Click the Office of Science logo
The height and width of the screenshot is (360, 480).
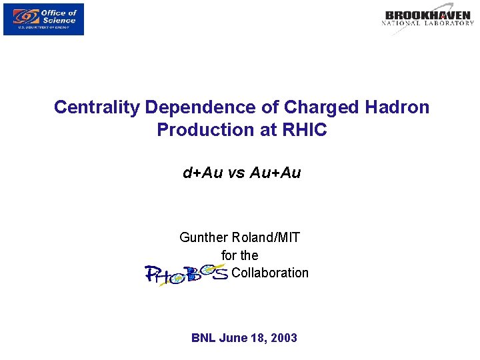(x=43, y=19)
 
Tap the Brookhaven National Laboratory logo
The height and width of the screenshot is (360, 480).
(x=427, y=19)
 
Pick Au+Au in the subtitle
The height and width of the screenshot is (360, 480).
(x=275, y=173)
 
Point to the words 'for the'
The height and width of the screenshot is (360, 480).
(x=240, y=255)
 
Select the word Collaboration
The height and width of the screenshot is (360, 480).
(x=270, y=273)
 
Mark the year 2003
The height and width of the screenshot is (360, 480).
(x=283, y=338)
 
